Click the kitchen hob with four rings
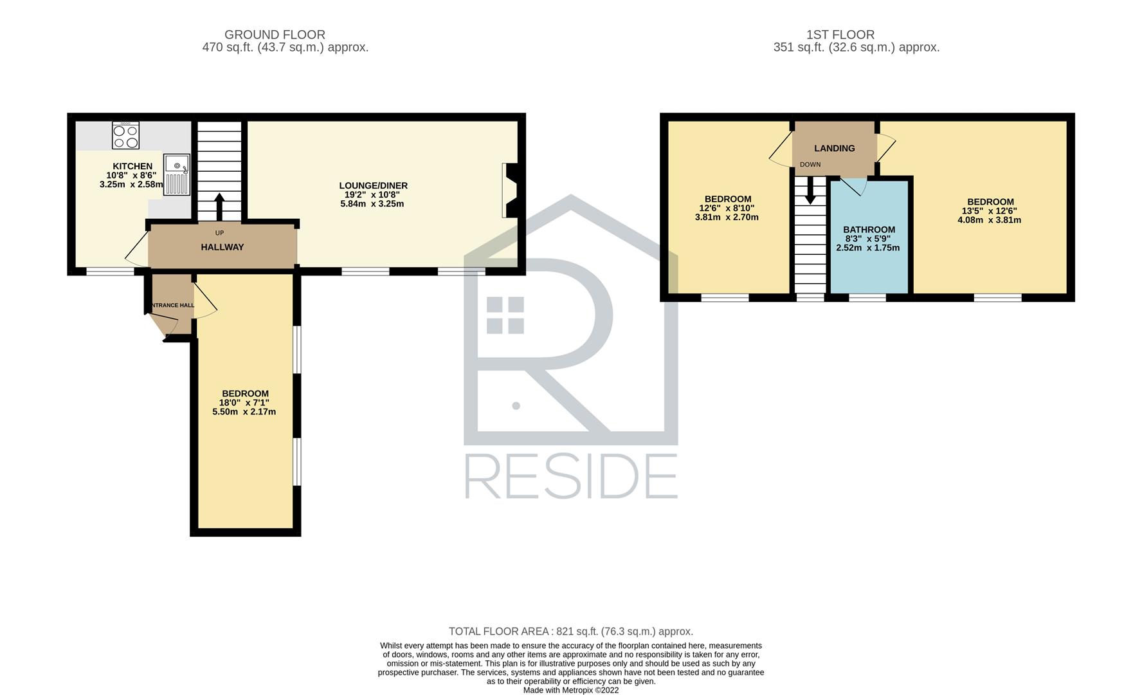point(125,135)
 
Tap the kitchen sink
point(176,174)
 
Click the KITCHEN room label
point(132,166)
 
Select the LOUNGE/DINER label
point(374,185)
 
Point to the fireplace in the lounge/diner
point(510,190)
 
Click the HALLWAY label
point(222,247)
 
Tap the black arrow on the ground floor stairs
point(219,207)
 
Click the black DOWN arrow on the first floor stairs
point(810,190)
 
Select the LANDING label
point(835,148)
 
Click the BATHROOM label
point(869,229)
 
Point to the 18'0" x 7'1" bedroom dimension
point(244,403)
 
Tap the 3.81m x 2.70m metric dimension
point(727,217)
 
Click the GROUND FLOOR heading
point(275,35)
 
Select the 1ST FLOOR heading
point(840,35)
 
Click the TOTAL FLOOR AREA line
point(571,631)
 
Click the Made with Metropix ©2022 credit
point(571,690)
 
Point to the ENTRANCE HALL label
point(171,305)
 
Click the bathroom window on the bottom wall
point(867,297)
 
